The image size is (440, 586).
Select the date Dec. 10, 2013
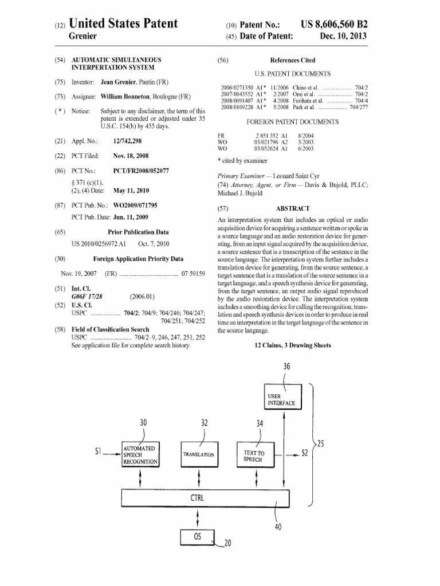[343, 36]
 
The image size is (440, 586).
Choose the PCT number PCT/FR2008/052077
[141, 171]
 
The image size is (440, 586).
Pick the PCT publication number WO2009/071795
[139, 205]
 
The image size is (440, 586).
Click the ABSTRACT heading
[292, 209]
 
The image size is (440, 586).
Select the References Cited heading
[292, 60]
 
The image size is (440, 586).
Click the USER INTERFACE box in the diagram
[281, 399]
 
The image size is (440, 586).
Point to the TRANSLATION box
[199, 454]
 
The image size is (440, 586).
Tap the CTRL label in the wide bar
[197, 498]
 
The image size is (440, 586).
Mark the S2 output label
[307, 453]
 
